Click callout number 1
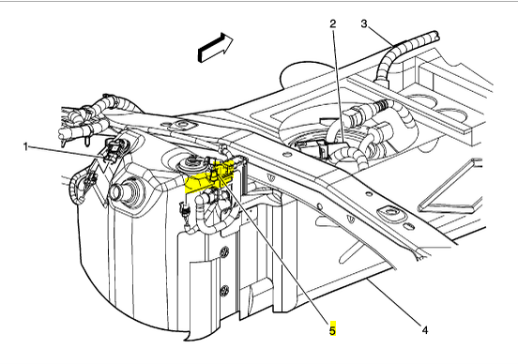click(x=25, y=146)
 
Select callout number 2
click(x=333, y=23)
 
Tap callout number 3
click(x=364, y=23)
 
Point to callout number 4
click(x=425, y=329)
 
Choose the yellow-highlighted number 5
click(x=332, y=329)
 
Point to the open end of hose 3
click(x=436, y=35)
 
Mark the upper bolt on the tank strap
click(x=225, y=251)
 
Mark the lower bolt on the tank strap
click(x=225, y=290)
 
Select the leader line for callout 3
click(x=380, y=37)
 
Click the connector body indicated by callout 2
click(x=323, y=148)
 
